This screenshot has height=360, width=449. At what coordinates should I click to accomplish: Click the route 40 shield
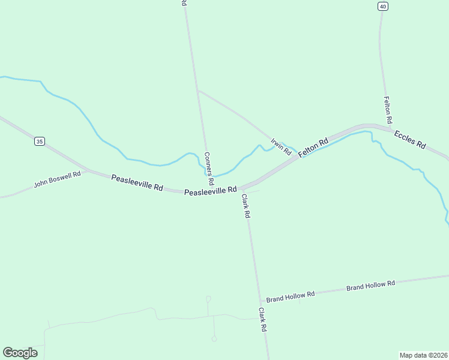click(x=383, y=6)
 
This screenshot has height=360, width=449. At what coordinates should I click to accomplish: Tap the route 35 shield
click(x=40, y=142)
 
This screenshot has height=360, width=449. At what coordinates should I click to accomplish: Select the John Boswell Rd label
click(x=57, y=179)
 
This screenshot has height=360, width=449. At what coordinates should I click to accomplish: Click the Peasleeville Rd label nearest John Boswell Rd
click(x=137, y=183)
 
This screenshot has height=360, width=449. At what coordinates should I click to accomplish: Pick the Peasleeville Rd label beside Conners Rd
click(x=210, y=191)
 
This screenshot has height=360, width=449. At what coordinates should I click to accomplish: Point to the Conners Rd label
click(x=208, y=168)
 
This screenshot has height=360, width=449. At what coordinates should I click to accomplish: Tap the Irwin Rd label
click(x=280, y=147)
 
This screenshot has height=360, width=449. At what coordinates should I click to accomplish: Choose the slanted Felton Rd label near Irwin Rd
click(x=313, y=147)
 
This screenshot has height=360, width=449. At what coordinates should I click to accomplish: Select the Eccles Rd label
click(x=410, y=140)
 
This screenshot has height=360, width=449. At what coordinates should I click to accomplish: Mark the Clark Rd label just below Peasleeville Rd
click(x=246, y=205)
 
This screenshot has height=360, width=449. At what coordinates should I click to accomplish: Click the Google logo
click(x=20, y=353)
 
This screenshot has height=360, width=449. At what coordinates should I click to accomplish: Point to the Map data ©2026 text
click(x=423, y=355)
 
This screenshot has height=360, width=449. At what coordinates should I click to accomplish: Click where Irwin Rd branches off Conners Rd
click(x=197, y=91)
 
